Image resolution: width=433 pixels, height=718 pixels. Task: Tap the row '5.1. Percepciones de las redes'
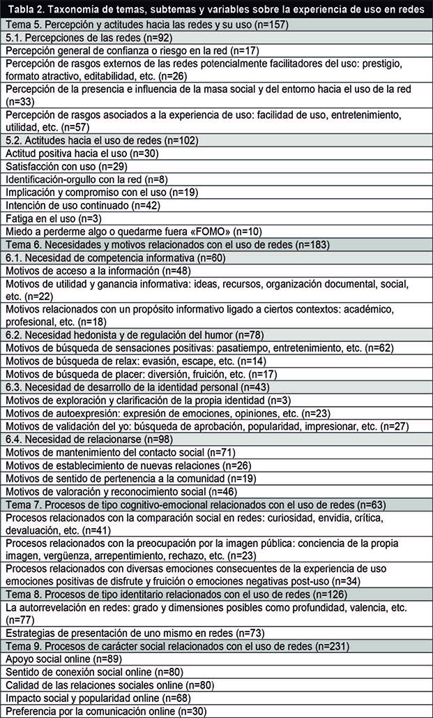[x=84, y=37]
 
